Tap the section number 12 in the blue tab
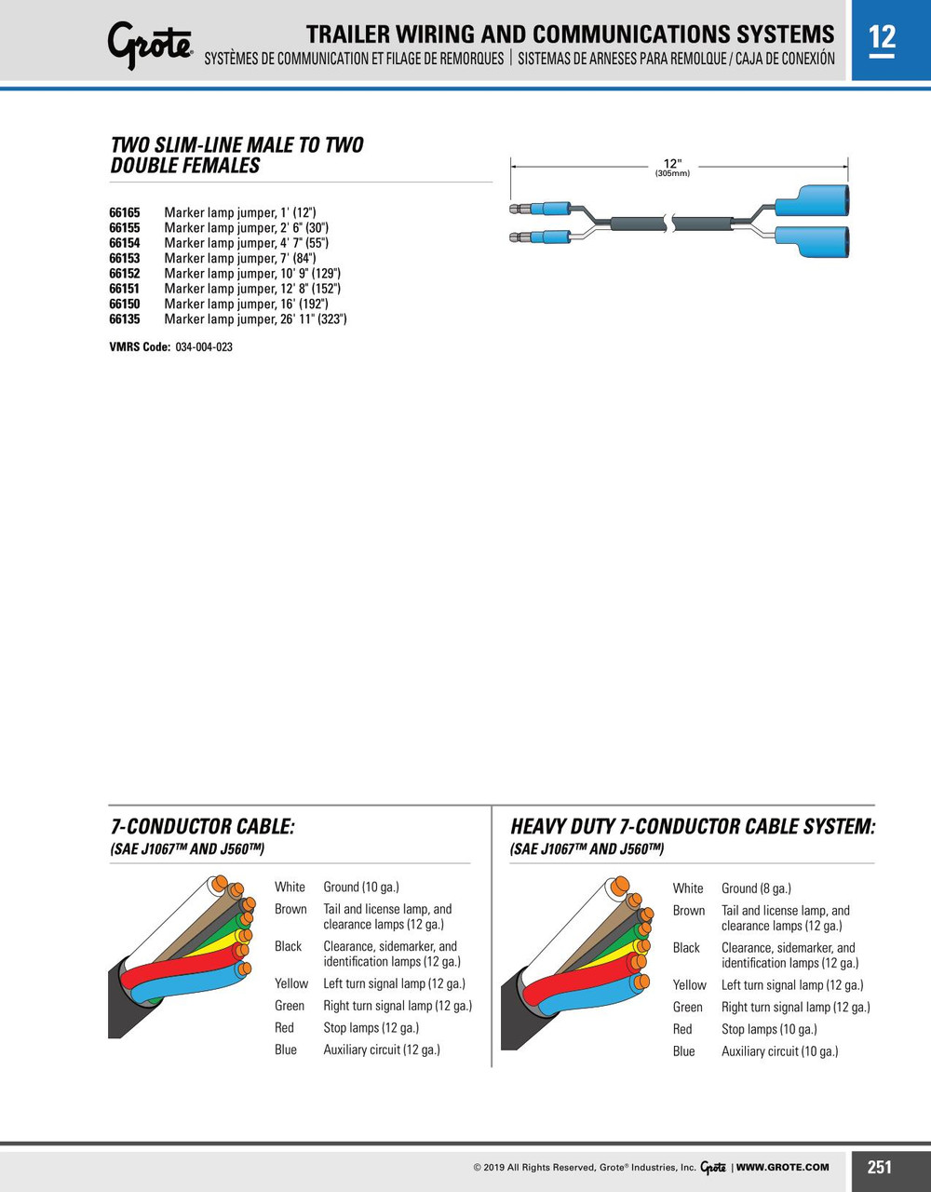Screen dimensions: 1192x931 coord(882,37)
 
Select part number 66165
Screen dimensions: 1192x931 coord(125,212)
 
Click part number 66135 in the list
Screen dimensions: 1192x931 coord(125,319)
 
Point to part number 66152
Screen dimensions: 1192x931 coord(125,274)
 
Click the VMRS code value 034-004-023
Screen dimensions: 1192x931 coord(204,347)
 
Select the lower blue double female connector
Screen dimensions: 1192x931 coord(812,243)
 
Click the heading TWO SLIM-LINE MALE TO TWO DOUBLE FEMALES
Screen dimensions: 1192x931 coord(237,156)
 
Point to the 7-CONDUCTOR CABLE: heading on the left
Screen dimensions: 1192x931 coord(203,826)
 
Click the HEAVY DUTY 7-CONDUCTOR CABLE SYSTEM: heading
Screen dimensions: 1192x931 coord(693,826)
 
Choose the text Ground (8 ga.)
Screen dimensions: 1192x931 coord(756,888)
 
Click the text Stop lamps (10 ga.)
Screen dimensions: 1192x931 coord(769,1029)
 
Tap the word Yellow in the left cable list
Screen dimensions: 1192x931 coord(291,983)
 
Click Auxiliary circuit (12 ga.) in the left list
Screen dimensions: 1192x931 coord(382,1050)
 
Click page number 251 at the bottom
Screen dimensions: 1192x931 coord(880,1167)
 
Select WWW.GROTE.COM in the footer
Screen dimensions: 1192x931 coord(782,1167)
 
